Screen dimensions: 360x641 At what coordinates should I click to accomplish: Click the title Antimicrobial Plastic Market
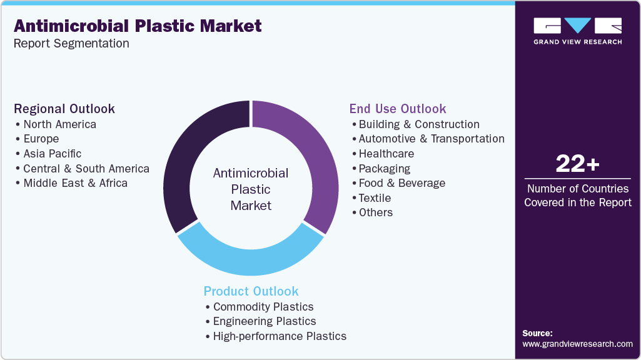pyautogui.click(x=138, y=26)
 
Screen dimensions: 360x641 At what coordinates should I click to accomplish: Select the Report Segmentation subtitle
pyautogui.click(x=71, y=44)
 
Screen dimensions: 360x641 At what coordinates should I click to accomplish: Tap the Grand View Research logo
pyautogui.click(x=577, y=31)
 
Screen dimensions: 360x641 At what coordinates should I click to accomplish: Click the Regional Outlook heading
pyautogui.click(x=64, y=109)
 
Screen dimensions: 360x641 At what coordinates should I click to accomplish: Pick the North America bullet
pyautogui.click(x=59, y=124)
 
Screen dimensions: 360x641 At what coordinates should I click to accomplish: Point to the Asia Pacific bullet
pyautogui.click(x=52, y=154)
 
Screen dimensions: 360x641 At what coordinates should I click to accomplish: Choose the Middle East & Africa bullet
pyautogui.click(x=75, y=183)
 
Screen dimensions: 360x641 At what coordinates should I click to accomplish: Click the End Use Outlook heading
pyautogui.click(x=398, y=109)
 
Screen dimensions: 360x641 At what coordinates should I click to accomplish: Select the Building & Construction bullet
pyautogui.click(x=419, y=124)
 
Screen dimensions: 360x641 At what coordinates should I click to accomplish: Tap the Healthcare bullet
pyautogui.click(x=386, y=154)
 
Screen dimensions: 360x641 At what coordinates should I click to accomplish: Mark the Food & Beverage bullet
pyautogui.click(x=401, y=183)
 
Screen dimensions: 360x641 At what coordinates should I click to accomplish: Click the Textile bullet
pyautogui.click(x=375, y=198)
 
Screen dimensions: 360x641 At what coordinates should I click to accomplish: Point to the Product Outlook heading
pyautogui.click(x=251, y=291)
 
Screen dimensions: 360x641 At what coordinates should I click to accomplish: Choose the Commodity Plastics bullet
pyautogui.click(x=263, y=307)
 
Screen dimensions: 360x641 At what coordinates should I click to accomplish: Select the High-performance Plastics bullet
pyautogui.click(x=279, y=336)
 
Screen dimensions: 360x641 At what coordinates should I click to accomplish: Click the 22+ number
pyautogui.click(x=577, y=164)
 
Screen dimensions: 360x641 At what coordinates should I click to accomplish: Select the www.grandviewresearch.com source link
pyautogui.click(x=577, y=344)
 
